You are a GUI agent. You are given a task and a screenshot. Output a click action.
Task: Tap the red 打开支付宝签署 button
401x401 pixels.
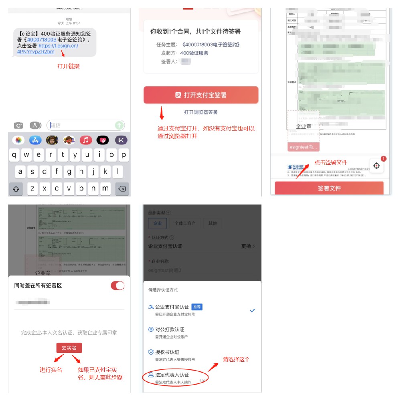click(201, 95)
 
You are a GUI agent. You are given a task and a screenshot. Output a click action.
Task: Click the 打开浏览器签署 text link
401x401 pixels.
click(201, 112)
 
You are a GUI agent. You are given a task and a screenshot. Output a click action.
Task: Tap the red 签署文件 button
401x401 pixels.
click(329, 188)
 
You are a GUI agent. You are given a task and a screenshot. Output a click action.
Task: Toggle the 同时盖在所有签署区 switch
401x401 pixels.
click(117, 286)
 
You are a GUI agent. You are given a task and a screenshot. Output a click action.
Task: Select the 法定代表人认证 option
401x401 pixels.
click(172, 375)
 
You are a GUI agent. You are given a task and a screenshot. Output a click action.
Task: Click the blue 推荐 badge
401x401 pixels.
click(197, 307)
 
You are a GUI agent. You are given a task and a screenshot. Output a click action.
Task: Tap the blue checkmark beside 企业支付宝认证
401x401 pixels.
click(252, 310)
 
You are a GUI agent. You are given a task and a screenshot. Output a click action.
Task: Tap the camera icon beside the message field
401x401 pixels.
click(18, 126)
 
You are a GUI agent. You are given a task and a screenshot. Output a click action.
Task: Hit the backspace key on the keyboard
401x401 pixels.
click(122, 188)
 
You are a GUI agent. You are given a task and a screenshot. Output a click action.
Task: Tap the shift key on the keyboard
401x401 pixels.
click(16, 188)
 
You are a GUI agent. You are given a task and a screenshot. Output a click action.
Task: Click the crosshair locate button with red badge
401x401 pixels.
click(377, 166)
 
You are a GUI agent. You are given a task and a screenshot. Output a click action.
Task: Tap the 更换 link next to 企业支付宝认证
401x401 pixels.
click(248, 246)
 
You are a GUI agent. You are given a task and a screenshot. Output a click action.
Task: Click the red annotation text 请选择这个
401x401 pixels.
click(236, 359)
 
